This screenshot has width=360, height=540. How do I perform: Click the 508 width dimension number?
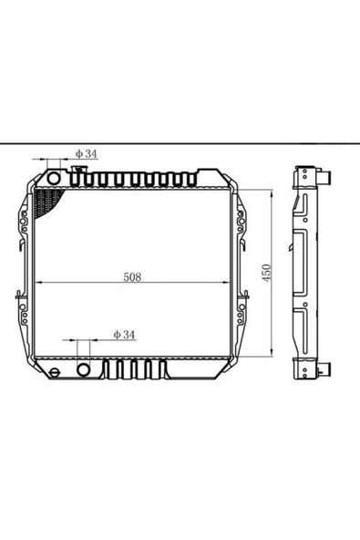click(132, 277)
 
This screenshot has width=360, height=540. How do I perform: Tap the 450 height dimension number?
click(267, 273)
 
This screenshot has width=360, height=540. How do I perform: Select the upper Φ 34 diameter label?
click(87, 153)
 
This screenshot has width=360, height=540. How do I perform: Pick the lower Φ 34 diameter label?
click(124, 335)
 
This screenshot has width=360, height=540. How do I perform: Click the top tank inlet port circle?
click(54, 178)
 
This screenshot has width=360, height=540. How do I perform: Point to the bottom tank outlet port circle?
click(83, 369)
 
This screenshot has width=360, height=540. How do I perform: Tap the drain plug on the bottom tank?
click(55, 372)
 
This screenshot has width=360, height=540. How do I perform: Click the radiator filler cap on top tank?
click(78, 169)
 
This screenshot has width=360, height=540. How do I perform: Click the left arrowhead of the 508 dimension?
click(39, 283)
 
